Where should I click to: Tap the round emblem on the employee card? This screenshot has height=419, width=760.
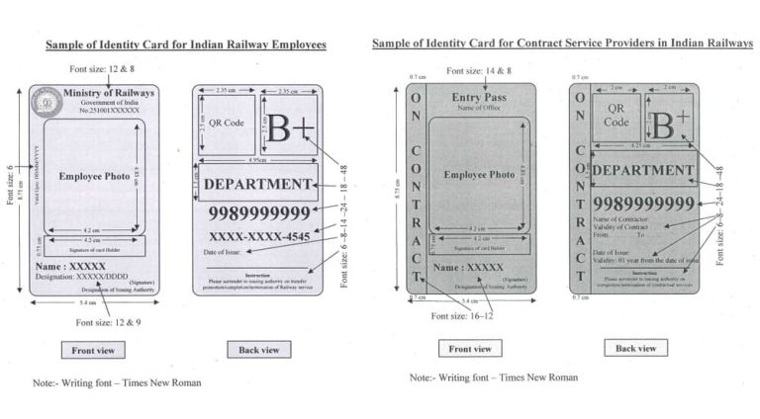pos(45,99)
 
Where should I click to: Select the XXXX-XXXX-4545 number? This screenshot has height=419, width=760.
pos(259,236)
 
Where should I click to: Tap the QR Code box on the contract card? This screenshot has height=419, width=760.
pos(617,117)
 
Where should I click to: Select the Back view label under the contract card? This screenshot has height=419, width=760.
pos(635,348)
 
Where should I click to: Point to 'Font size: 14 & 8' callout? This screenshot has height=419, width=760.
pos(479,71)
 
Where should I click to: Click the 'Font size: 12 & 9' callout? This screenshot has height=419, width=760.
pos(108,322)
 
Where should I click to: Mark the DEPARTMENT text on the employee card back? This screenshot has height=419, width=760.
pos(257,184)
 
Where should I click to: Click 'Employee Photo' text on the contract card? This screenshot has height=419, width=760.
pos(479,175)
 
